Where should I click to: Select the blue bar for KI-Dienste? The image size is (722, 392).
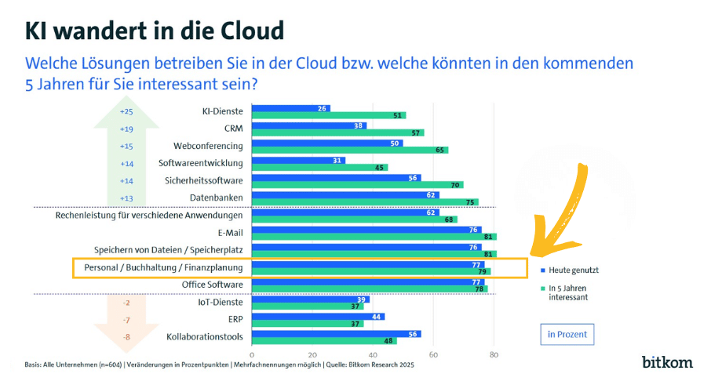click(290, 108)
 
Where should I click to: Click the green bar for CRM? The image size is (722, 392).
click(337, 132)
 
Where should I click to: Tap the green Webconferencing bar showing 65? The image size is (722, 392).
click(349, 150)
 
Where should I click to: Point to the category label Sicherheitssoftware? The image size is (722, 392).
click(202, 180)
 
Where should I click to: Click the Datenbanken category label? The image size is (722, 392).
click(217, 198)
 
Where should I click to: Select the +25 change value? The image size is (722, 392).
click(126, 111)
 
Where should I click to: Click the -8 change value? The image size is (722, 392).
click(126, 338)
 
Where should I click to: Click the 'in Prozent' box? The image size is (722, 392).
click(567, 334)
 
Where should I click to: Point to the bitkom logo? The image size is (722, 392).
click(667, 362)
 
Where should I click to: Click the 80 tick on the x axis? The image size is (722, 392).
click(493, 355)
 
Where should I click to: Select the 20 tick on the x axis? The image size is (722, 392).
click(312, 355)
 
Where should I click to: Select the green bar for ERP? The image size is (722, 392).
click(307, 323)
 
